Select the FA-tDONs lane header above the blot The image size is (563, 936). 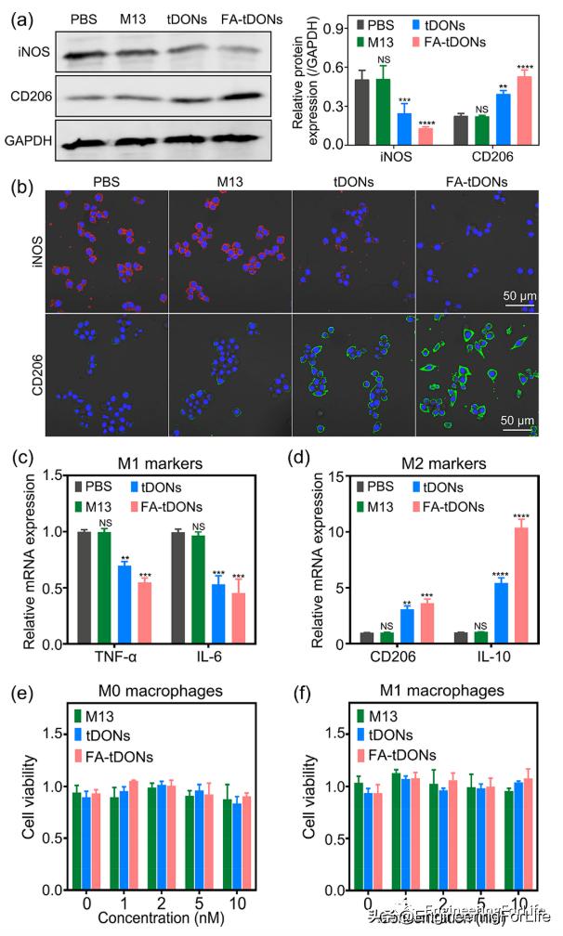(239, 19)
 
